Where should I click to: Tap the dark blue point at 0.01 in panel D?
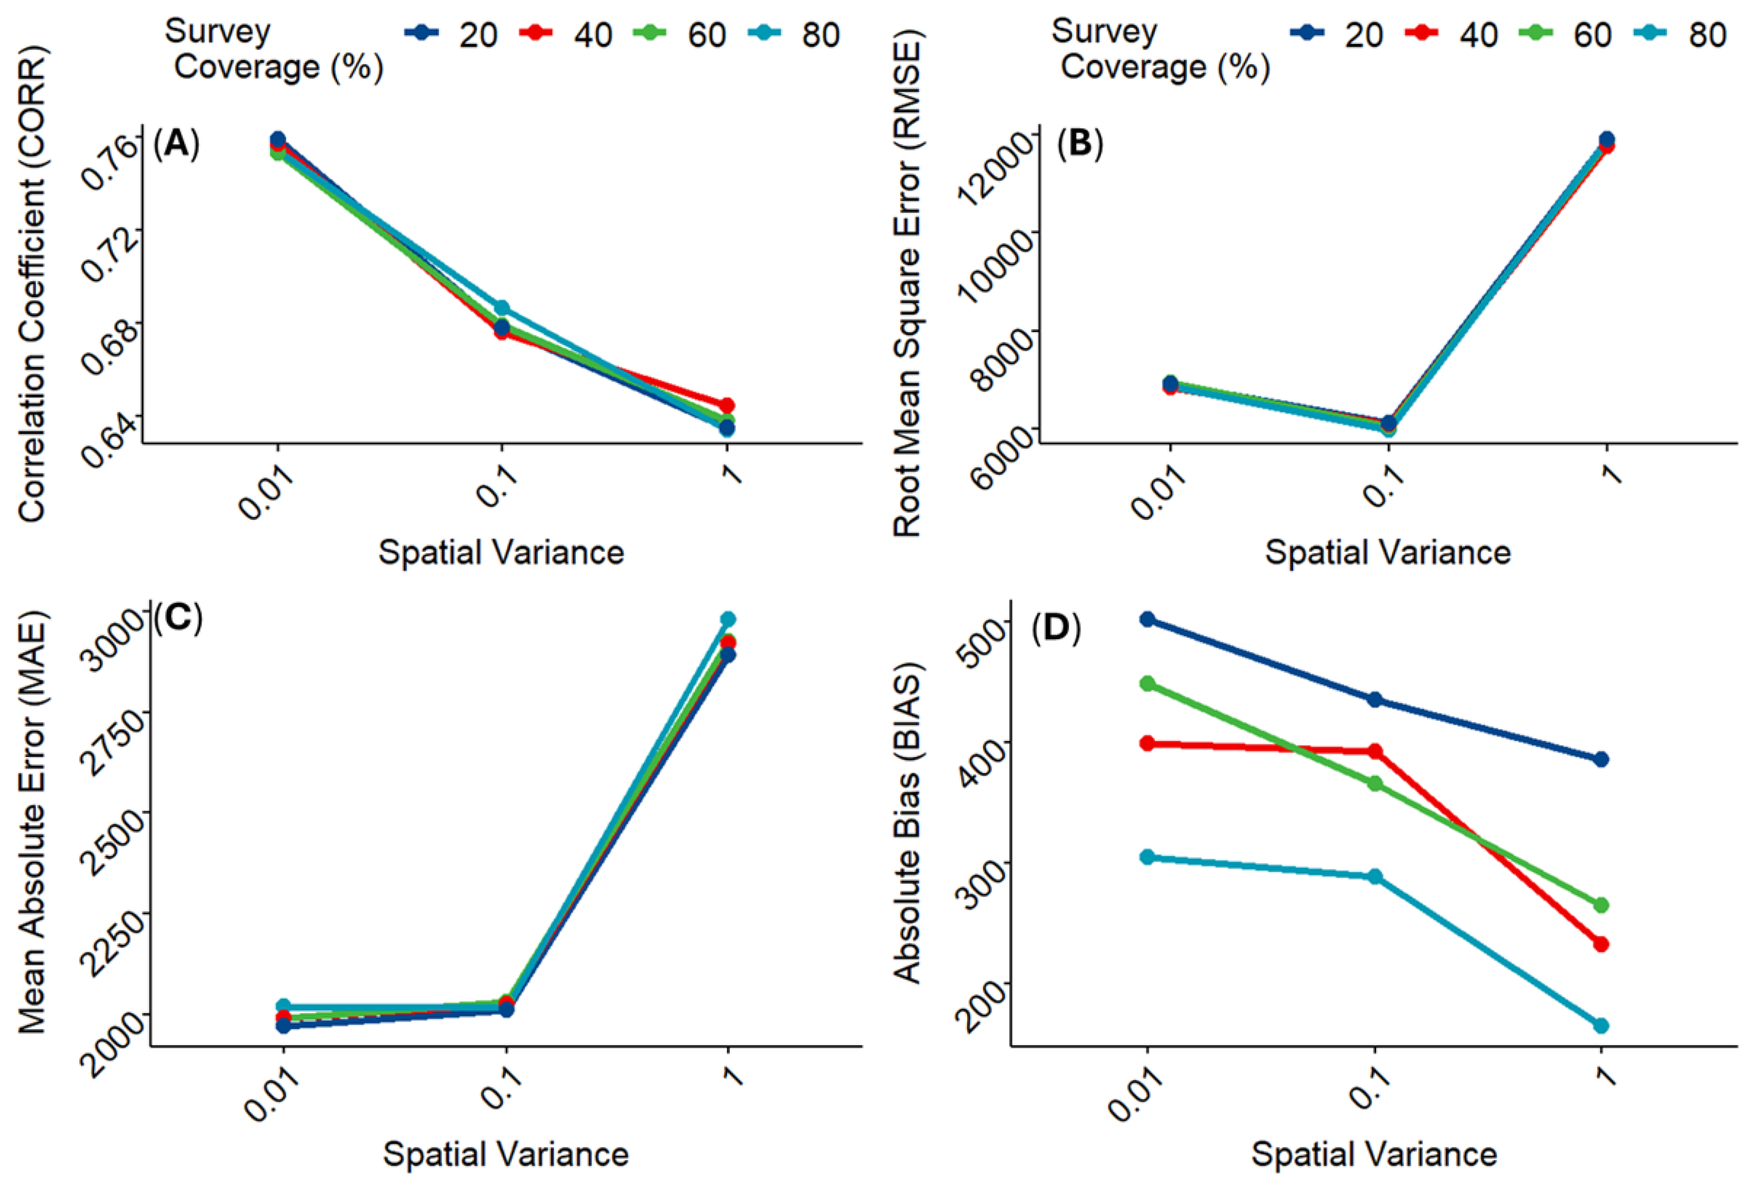click(x=1148, y=620)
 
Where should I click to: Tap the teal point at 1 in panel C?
click(x=727, y=620)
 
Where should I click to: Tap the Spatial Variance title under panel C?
click(x=505, y=1154)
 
